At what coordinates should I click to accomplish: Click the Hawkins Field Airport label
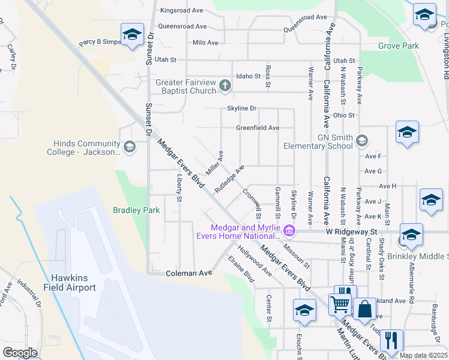click(73, 283)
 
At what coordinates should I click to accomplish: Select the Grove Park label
click(399, 46)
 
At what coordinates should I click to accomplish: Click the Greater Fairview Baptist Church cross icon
click(225, 86)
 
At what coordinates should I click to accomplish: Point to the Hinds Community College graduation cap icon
click(129, 147)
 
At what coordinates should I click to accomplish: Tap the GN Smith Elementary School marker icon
click(361, 141)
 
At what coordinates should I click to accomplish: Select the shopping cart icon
click(340, 304)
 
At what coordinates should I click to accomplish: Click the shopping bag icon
click(364, 310)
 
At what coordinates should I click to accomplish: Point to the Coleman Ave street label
click(189, 273)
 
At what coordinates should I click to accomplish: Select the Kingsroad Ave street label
click(182, 11)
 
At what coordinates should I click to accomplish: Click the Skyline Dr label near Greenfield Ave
click(241, 109)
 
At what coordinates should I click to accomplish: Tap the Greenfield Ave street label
click(258, 128)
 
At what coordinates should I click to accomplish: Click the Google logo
click(20, 352)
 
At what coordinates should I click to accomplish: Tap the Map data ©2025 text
click(423, 355)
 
